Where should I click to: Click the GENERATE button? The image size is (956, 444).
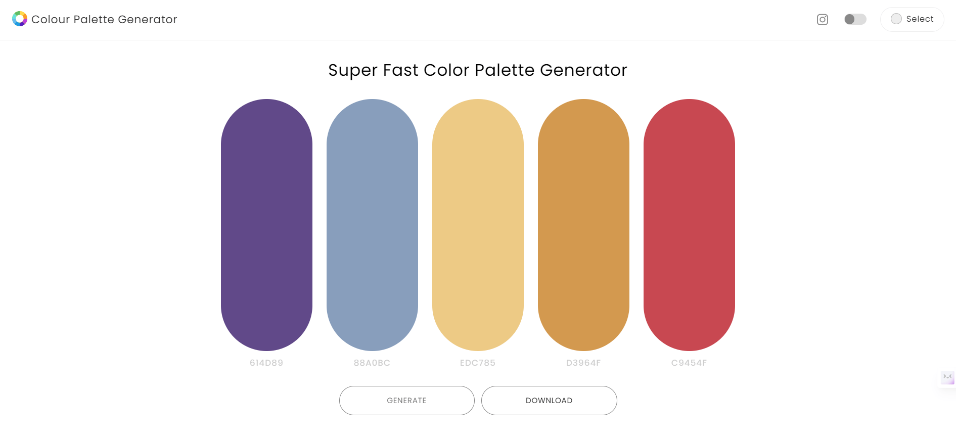tap(406, 401)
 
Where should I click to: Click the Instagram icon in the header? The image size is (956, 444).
tap(823, 19)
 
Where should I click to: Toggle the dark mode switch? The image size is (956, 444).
tap(855, 19)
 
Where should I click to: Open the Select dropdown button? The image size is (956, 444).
tap(912, 19)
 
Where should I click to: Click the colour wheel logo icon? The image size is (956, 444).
tap(20, 19)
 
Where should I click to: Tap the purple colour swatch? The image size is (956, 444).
tap(266, 225)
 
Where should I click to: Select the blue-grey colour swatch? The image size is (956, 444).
tap(372, 225)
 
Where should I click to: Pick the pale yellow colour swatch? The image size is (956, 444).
tap(478, 225)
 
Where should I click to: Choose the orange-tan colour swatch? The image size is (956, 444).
tap(583, 225)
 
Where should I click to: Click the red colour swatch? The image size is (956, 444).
tap(689, 225)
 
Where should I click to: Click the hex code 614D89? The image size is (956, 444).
tap(266, 363)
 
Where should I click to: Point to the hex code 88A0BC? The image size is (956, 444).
tap(372, 363)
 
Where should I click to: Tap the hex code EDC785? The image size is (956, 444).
tap(478, 363)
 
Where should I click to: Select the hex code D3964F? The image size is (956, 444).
tap(583, 363)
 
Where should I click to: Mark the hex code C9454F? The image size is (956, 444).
tap(689, 363)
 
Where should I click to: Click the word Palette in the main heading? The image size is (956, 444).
tap(504, 70)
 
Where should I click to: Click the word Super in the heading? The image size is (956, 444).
tap(352, 70)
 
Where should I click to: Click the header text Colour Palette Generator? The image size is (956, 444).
tap(104, 19)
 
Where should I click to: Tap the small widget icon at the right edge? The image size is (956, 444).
tap(947, 377)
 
